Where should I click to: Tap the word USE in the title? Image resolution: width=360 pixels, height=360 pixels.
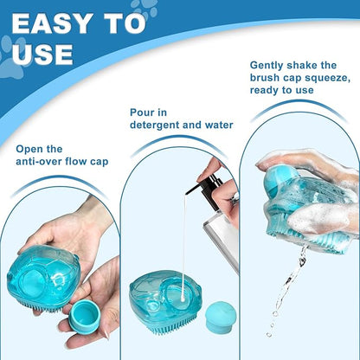click(x=41, y=55)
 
